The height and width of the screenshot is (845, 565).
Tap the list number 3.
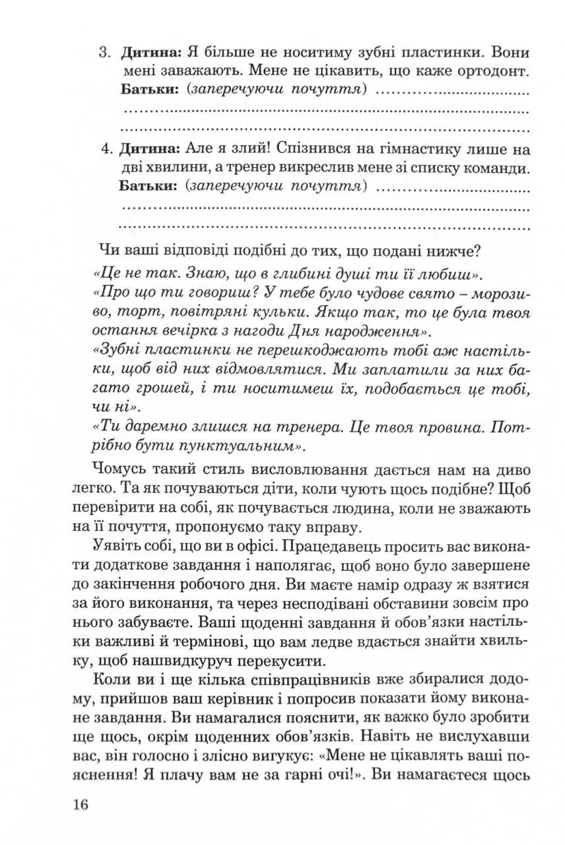point(104,53)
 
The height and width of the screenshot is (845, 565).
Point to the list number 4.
point(104,147)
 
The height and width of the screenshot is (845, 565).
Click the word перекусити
point(270,660)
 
